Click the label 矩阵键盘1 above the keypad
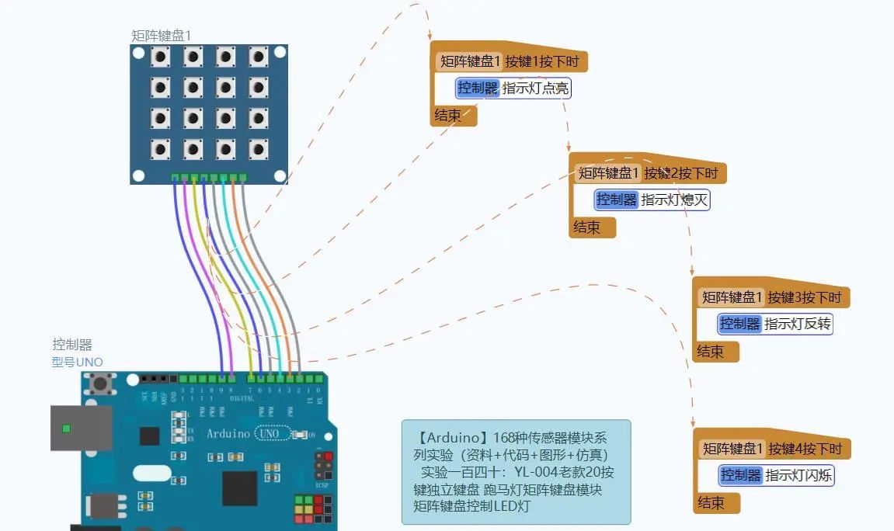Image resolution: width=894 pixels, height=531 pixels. point(161,36)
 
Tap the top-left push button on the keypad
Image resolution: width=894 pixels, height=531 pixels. point(161,57)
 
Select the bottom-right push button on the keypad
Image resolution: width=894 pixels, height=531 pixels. point(259,148)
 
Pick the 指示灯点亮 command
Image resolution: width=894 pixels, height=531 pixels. point(535,88)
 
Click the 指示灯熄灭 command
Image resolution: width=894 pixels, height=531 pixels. point(674,200)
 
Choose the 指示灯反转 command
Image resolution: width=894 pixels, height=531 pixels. point(798,324)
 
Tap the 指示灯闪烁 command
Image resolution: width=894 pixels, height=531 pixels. point(798,475)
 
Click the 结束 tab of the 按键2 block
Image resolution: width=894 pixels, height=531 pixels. point(587,227)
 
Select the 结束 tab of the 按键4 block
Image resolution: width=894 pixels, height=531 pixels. point(711,503)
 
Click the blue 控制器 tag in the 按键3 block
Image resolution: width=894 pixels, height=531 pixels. point(739,324)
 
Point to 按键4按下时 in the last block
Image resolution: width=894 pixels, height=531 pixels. point(805,449)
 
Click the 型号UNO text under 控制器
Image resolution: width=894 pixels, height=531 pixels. point(77,362)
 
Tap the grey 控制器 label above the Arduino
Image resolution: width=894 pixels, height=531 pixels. point(72,345)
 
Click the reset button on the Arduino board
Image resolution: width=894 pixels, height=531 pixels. point(99,383)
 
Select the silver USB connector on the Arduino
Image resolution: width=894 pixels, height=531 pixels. point(81,428)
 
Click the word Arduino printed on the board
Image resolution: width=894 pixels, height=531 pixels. point(228,434)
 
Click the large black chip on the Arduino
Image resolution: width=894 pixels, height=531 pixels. point(239,488)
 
